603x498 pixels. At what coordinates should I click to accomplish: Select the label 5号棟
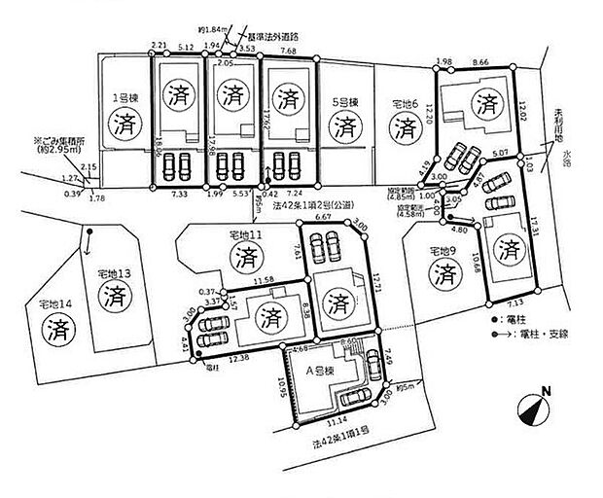(342, 100)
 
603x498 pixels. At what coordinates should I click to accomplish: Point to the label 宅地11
(242, 234)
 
